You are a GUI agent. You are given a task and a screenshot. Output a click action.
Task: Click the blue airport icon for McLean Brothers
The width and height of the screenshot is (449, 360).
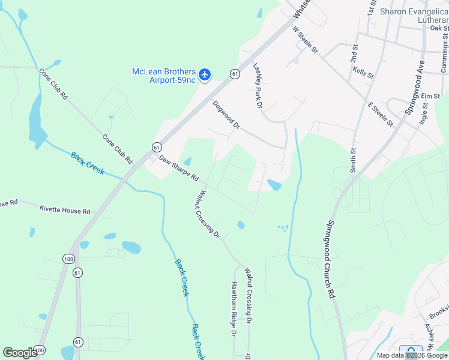pos(205,75)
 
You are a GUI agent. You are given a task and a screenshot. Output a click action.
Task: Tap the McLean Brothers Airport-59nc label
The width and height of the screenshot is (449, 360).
pos(164,76)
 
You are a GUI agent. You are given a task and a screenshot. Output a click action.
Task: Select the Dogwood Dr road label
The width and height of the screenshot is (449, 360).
pos(226,115)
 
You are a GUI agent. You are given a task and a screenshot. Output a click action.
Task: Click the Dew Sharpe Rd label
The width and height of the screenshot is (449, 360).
pos(179,169)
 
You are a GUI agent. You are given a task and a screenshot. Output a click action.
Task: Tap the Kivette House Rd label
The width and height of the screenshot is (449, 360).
pos(65,211)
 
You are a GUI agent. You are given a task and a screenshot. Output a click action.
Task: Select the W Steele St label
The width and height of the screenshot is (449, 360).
pos(305,40)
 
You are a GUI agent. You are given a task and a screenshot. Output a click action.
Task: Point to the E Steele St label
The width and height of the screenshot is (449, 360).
pos(381,114)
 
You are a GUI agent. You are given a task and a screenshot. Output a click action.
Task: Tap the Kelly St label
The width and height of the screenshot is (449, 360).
pos(364,73)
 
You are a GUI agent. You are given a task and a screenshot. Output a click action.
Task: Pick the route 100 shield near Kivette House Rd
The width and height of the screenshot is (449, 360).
pos(67,259)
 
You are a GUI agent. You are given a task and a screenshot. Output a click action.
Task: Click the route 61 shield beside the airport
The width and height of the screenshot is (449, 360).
pos(234,74)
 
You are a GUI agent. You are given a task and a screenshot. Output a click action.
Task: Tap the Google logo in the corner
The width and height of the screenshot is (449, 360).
pos(20,353)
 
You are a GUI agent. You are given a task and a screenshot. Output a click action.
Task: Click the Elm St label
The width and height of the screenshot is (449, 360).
pos(430,96)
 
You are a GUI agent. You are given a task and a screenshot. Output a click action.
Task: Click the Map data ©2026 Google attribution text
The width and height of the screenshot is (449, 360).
pos(411,355)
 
